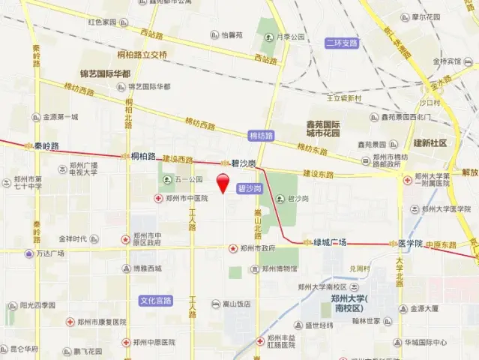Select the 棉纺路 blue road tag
261,136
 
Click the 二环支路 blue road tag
341,43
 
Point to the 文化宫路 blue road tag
155,300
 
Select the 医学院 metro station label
409,243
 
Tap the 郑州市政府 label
257,248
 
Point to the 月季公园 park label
289,36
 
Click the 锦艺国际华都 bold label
104,74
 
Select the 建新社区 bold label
430,142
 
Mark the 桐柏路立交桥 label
142,54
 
